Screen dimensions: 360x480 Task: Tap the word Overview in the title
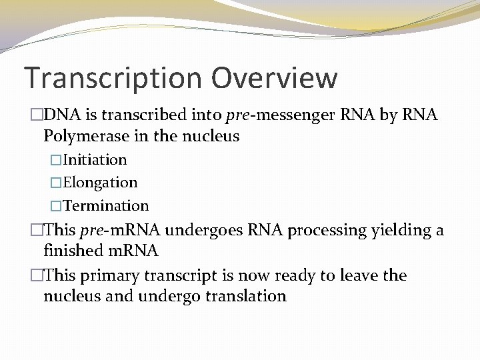[x=275, y=78]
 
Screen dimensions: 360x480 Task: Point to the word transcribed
[x=141, y=115]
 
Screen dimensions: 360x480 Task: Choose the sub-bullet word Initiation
[x=95, y=160]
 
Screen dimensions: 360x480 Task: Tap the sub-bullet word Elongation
[x=101, y=183]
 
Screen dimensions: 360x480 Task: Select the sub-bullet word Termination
[x=107, y=205]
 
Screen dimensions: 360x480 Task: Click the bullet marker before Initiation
[x=57, y=160]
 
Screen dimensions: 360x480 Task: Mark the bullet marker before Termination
[x=57, y=205]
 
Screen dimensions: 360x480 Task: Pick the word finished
[x=71, y=251]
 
